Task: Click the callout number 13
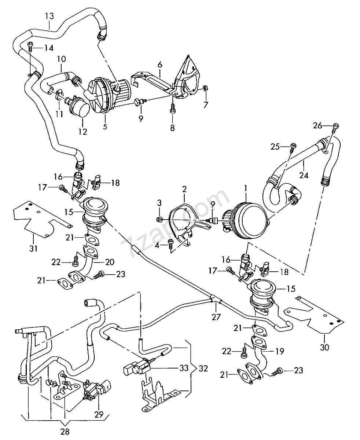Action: (49, 16)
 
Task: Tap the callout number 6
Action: (159, 65)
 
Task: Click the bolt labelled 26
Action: (335, 126)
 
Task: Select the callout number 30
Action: (324, 346)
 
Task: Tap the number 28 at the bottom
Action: (65, 431)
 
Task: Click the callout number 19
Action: (280, 351)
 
